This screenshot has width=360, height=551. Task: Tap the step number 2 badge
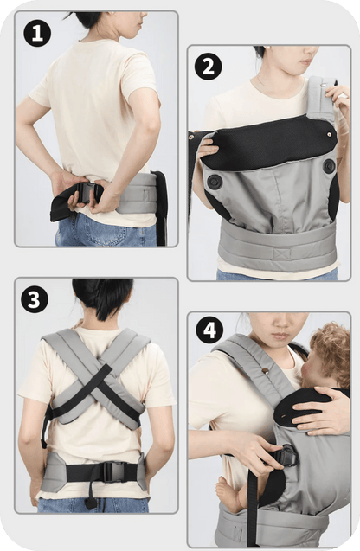click(x=208, y=66)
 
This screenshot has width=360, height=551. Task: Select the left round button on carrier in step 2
click(x=214, y=182)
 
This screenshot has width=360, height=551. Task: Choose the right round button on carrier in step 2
click(x=330, y=166)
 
